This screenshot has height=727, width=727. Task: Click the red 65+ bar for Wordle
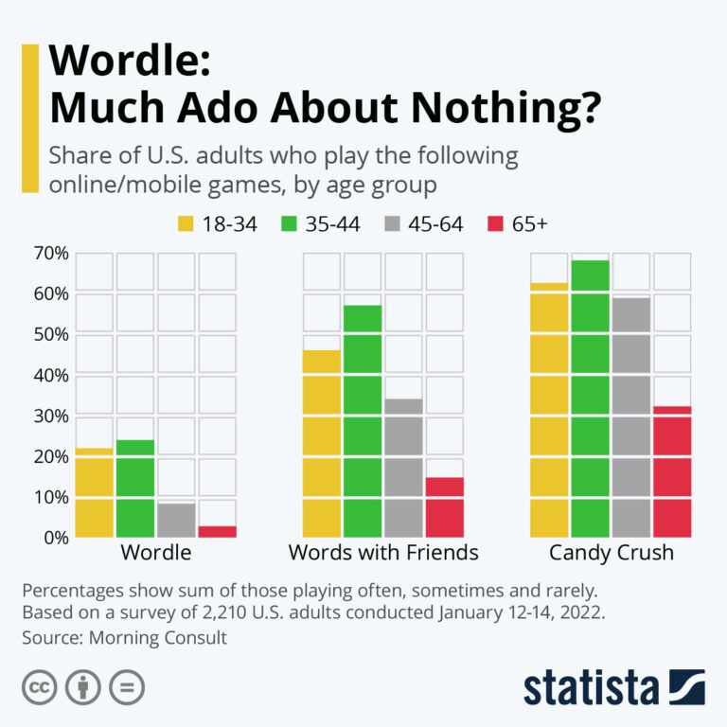click(x=218, y=531)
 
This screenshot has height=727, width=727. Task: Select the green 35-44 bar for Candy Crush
click(x=590, y=398)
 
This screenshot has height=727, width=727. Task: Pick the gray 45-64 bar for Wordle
click(x=176, y=520)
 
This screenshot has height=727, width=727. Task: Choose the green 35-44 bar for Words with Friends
click(x=363, y=421)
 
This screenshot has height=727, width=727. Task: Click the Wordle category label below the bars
click(x=156, y=553)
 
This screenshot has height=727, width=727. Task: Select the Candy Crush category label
click(x=611, y=553)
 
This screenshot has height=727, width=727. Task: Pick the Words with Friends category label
click(x=383, y=553)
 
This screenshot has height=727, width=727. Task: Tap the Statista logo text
click(x=592, y=687)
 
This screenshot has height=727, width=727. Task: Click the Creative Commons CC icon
click(x=39, y=687)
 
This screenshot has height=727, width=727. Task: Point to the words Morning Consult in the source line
click(x=158, y=638)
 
